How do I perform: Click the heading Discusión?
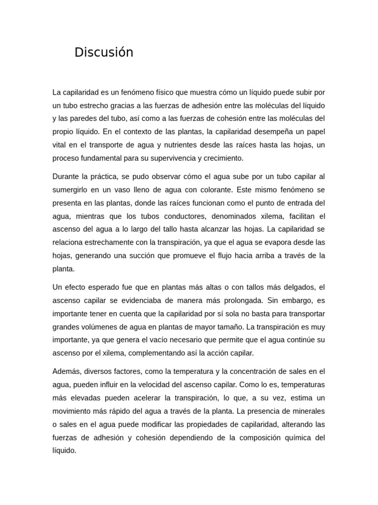[104, 52]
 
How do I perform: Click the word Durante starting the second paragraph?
[66, 177]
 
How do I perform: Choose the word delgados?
[297, 287]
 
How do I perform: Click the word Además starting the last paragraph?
[66, 371]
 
